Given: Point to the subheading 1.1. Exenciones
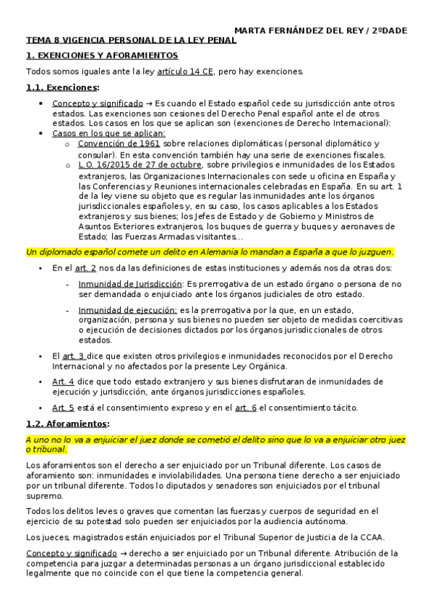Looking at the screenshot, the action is click(61, 87).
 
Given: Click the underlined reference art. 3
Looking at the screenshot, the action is click(74, 356).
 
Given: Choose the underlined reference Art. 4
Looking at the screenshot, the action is click(63, 381).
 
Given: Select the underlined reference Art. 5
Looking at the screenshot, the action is click(63, 407).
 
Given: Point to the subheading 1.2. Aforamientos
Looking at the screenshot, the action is click(67, 424).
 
